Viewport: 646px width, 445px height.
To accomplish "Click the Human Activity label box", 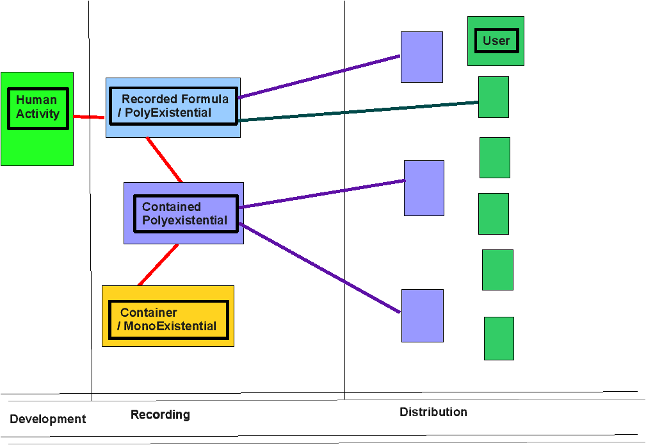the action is pos(38,108).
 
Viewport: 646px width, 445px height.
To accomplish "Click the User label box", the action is pos(496,40).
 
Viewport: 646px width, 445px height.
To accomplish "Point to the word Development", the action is pos(48,419).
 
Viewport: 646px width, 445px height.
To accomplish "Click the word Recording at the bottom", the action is pos(160,414).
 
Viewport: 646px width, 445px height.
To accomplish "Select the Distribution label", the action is pos(433,412).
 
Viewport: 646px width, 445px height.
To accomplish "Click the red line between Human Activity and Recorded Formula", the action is pos(89,117).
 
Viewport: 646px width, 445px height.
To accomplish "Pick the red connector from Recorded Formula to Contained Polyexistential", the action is pos(164,160).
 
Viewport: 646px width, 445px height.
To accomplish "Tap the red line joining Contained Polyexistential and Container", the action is pos(157,265).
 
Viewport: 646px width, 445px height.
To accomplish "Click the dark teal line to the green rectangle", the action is pos(359,111).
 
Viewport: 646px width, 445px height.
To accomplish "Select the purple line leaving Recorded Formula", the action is pos(319,76).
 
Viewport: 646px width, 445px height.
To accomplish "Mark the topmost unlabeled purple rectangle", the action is pos(422,57).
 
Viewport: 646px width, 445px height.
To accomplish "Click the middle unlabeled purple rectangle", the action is pos(424,189).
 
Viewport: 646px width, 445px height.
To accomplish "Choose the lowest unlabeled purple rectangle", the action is pos(423,315).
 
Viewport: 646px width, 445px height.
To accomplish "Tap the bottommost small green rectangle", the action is pos(499,339).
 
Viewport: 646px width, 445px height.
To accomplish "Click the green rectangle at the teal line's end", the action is pos(494,97).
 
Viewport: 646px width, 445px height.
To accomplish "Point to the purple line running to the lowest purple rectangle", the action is pos(319,267).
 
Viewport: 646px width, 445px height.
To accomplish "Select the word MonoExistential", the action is pos(170,326).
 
